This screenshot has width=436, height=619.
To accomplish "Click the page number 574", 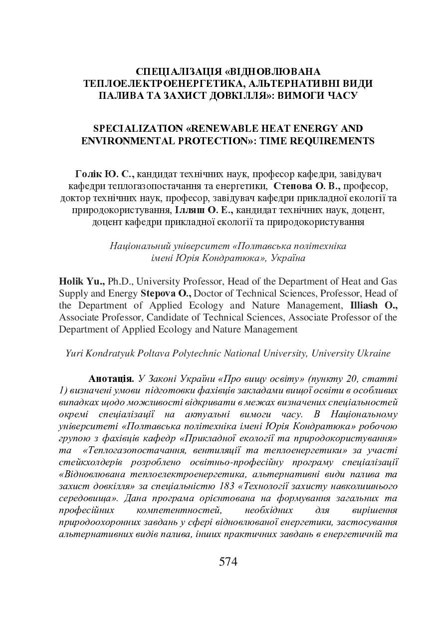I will point(228,562).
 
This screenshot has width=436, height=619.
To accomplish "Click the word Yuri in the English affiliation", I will point(74,353).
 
